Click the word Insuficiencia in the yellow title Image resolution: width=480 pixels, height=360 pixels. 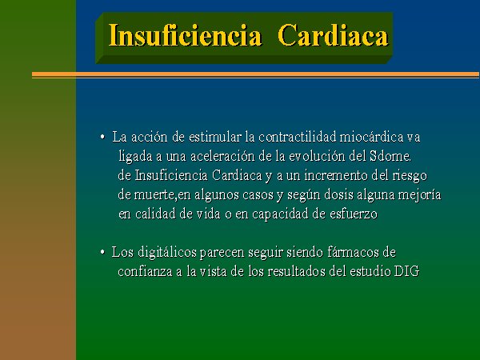186,35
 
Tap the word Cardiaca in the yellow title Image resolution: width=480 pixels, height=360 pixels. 333,35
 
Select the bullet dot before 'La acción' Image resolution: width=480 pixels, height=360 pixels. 102,137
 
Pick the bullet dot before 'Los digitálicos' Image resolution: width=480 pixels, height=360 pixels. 102,253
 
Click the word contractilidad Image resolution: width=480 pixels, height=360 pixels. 298,137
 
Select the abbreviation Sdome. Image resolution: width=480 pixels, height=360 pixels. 390,157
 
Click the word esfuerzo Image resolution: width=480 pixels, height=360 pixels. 354,214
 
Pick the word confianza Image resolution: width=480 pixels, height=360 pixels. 145,271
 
